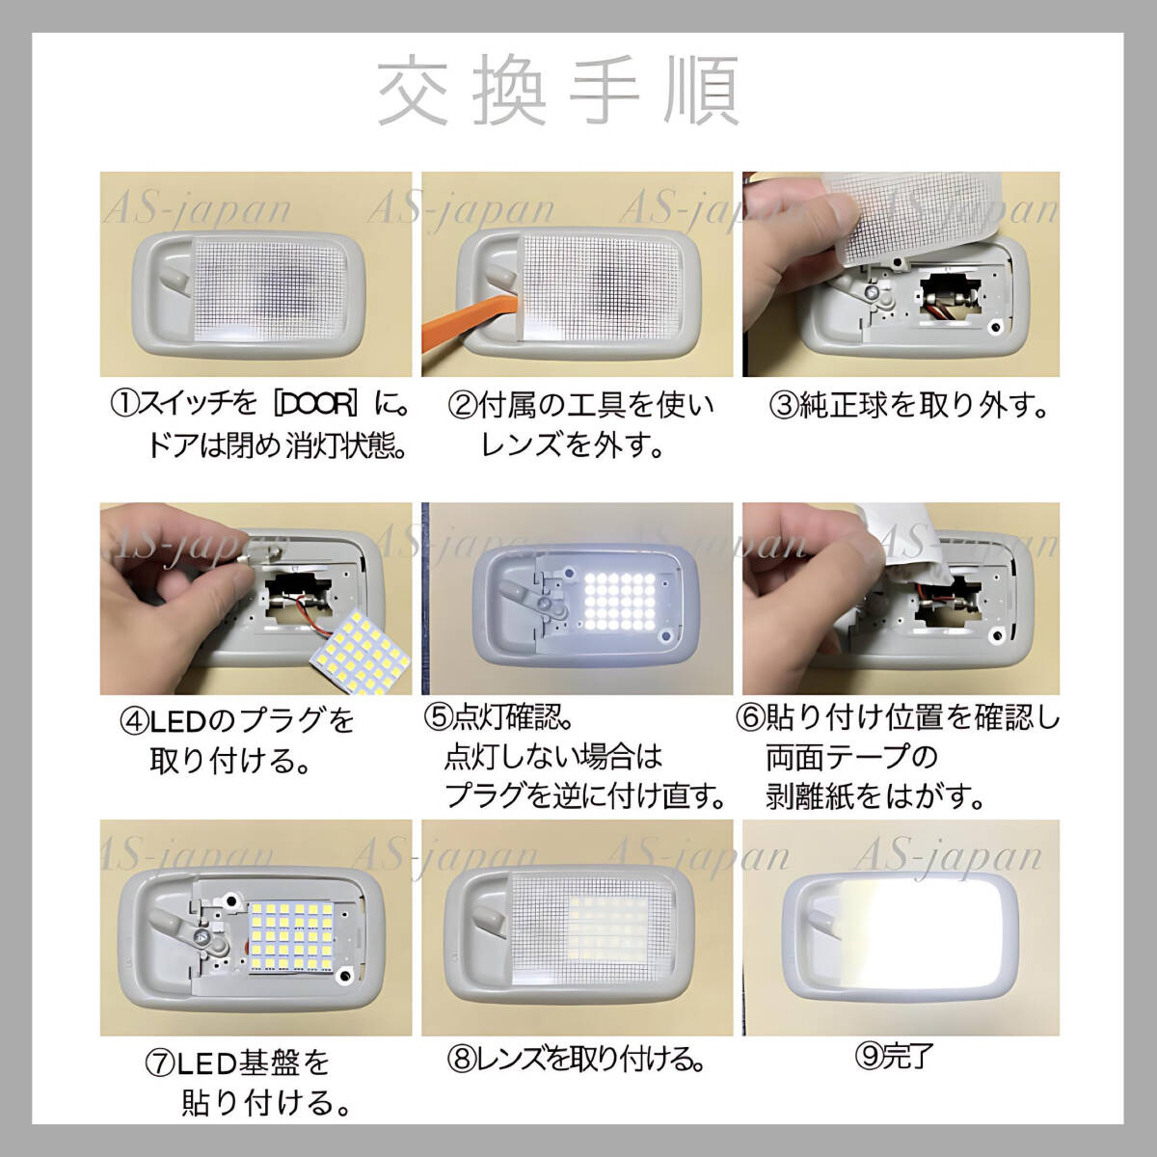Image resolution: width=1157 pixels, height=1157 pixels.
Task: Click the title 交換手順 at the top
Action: point(558,92)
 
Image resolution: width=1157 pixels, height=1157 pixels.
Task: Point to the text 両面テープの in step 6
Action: point(851,758)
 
